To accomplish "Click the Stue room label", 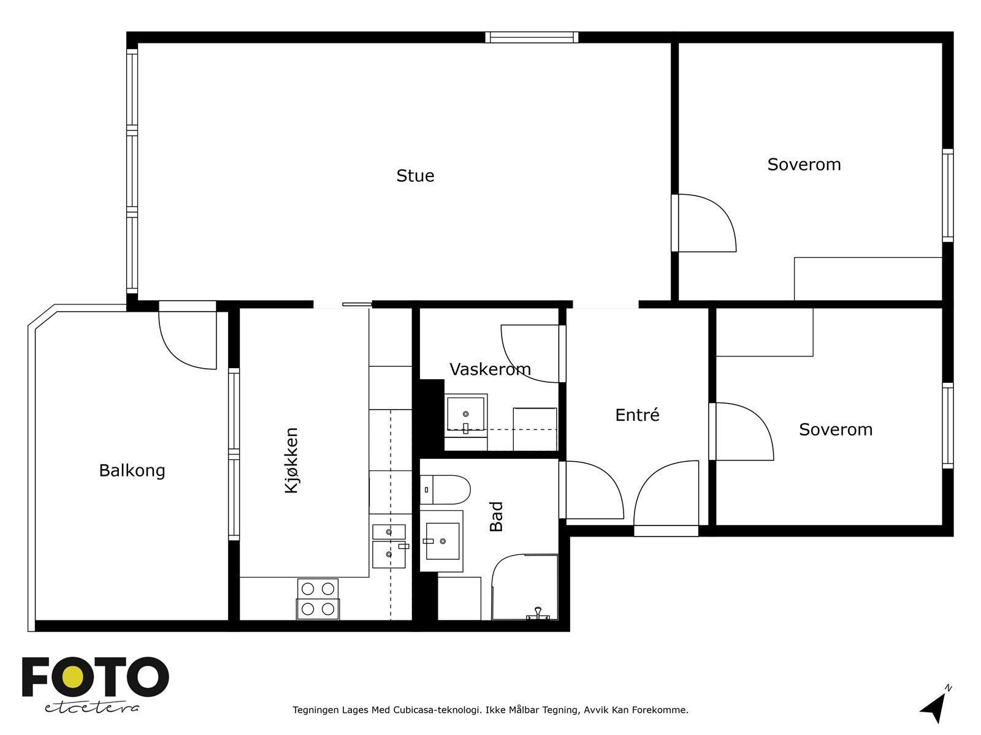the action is pyautogui.click(x=414, y=175).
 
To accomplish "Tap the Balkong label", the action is pyautogui.click(x=132, y=470).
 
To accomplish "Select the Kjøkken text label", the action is pyautogui.click(x=291, y=460).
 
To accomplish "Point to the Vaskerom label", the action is pyautogui.click(x=490, y=369).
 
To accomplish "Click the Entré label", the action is pyautogui.click(x=637, y=415).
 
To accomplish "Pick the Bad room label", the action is pyautogui.click(x=496, y=516).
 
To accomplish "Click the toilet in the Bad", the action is pyautogui.click(x=445, y=489).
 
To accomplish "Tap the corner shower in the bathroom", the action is pyautogui.click(x=525, y=587).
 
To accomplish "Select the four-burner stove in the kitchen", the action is pyautogui.click(x=318, y=600).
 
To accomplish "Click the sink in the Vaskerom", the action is pyautogui.click(x=466, y=415).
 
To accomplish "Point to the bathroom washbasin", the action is pyautogui.click(x=441, y=541).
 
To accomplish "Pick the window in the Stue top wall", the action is pyautogui.click(x=532, y=37).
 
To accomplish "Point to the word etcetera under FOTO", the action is pyautogui.click(x=91, y=708).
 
